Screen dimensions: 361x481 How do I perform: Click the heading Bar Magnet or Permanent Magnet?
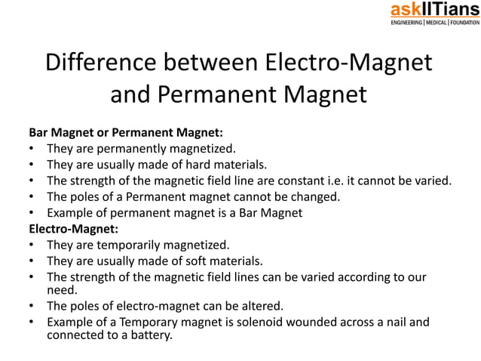(126, 130)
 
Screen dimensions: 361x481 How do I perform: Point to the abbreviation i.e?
(342, 180)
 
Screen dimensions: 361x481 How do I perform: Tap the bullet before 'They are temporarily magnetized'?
(31, 245)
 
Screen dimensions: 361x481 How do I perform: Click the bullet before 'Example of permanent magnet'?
(31, 213)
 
